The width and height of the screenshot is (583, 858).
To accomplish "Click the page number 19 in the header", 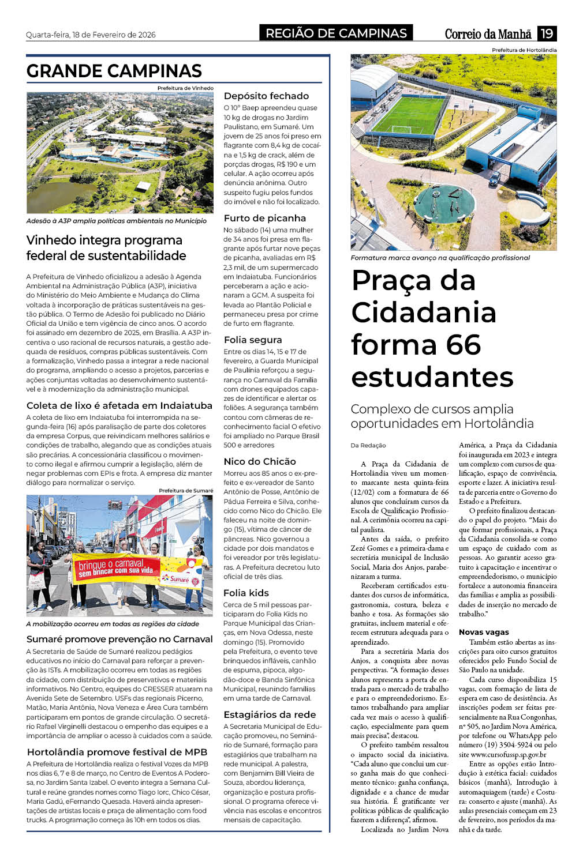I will [546, 33].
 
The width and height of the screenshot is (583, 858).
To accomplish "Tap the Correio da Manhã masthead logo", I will [488, 34].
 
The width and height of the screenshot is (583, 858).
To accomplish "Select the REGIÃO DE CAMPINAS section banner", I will [336, 33].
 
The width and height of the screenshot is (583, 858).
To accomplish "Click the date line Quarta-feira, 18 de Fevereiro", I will [91, 35].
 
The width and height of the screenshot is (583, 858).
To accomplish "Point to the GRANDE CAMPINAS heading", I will [114, 71].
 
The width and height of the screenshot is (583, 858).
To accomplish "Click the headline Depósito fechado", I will [266, 96].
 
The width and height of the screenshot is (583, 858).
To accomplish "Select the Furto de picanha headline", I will [264, 218].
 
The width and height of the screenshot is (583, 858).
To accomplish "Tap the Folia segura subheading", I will [253, 340].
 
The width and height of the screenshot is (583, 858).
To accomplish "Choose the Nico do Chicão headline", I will [260, 461].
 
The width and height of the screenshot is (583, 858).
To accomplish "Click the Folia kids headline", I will [246, 593].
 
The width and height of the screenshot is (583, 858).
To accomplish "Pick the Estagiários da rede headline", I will [270, 714].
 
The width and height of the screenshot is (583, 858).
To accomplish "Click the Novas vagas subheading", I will [484, 632].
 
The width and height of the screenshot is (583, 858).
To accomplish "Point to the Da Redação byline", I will [368, 445].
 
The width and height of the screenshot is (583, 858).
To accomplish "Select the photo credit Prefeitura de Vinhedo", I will [185, 88].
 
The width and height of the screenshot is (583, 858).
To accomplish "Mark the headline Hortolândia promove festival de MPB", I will [117, 752].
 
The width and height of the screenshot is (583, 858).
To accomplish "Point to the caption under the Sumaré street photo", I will [113, 624].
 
